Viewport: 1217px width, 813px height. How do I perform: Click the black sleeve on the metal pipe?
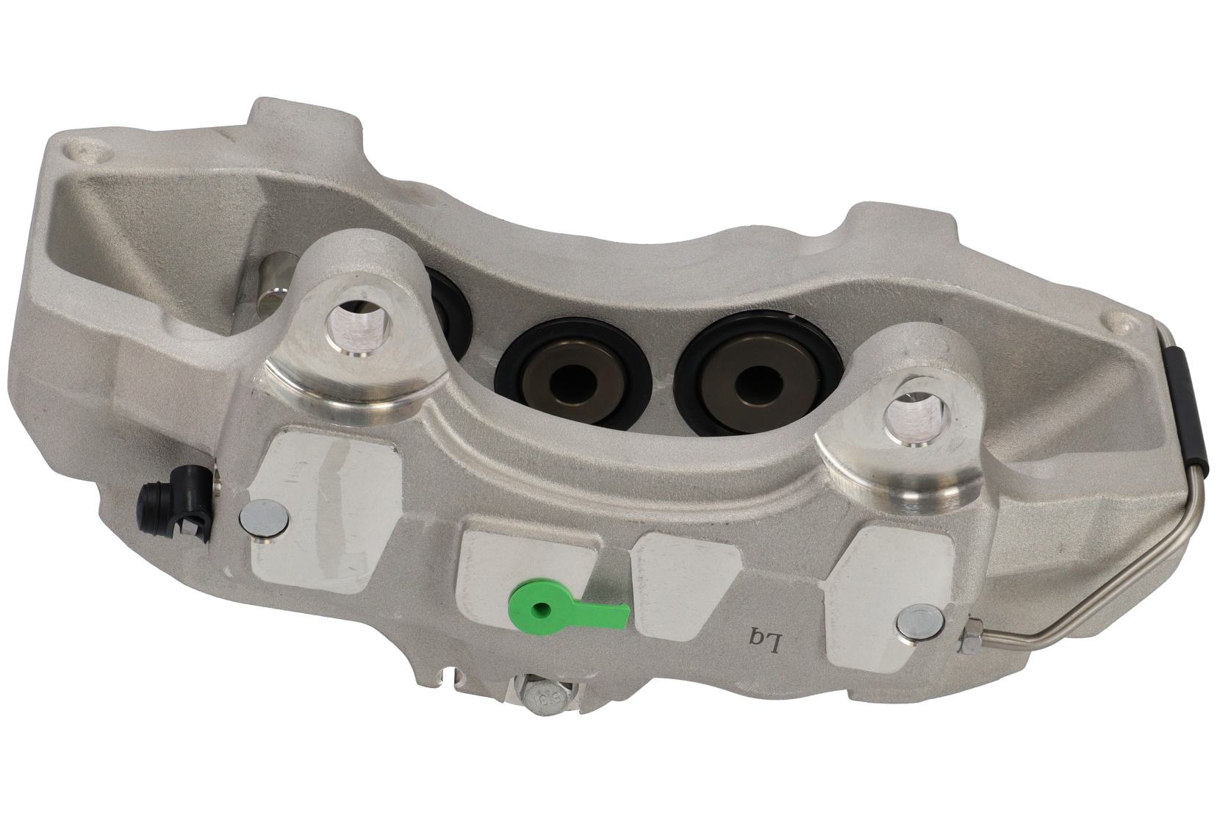(1184, 412)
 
